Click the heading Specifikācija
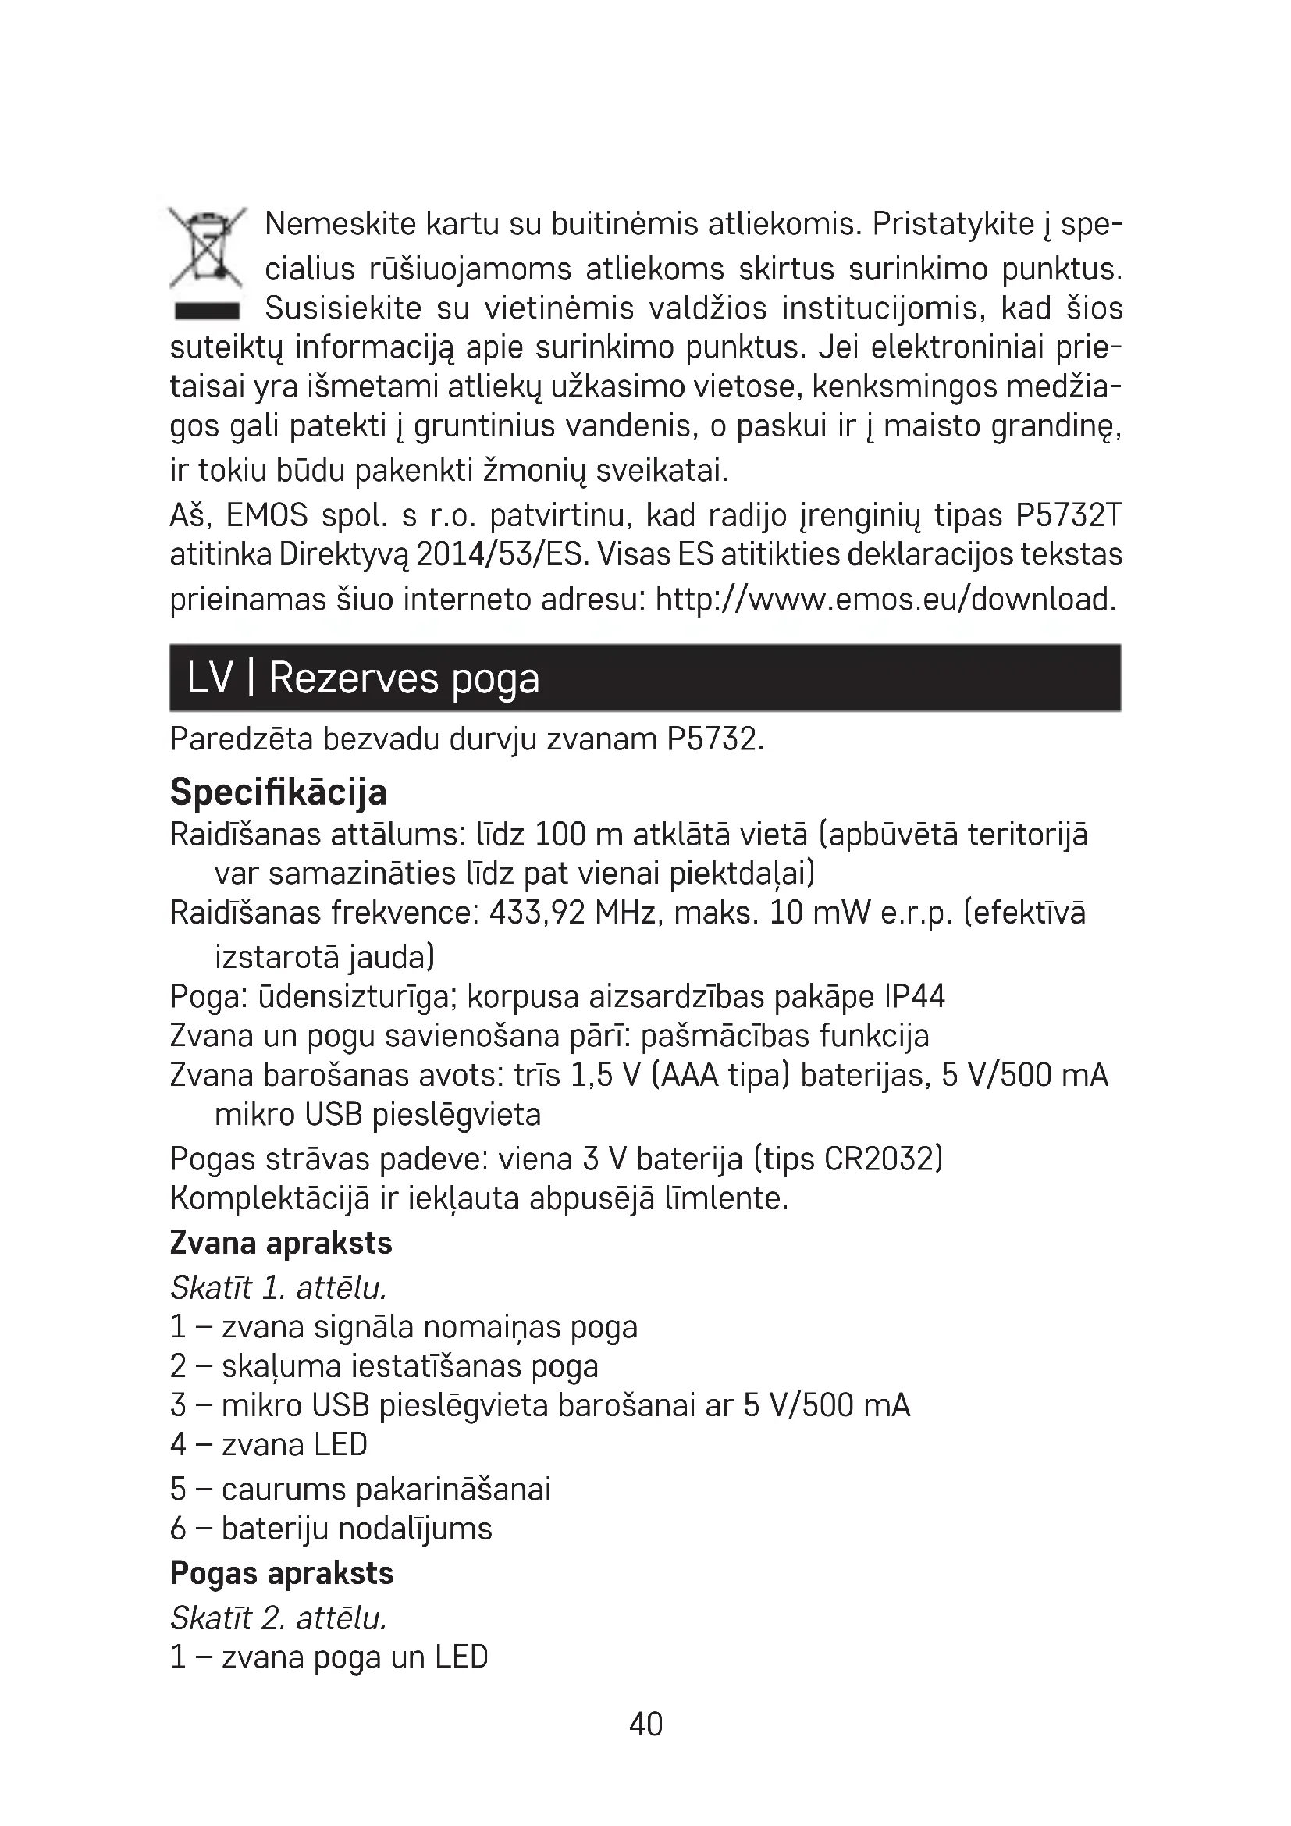click(x=278, y=792)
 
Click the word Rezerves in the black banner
click(x=354, y=678)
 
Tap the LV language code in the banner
click(x=211, y=678)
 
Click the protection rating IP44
click(x=914, y=996)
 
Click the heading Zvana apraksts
click(x=282, y=1243)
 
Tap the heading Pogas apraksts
click(x=283, y=1573)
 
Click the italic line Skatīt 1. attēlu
click(x=278, y=1288)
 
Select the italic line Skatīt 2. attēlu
click(x=278, y=1618)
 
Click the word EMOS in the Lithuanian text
click(x=267, y=516)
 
